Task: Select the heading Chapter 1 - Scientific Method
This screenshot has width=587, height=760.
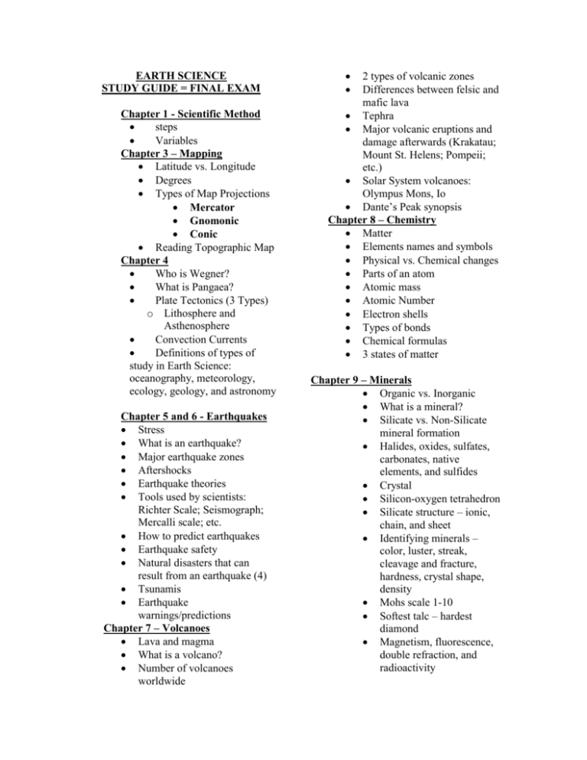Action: pos(191,114)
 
